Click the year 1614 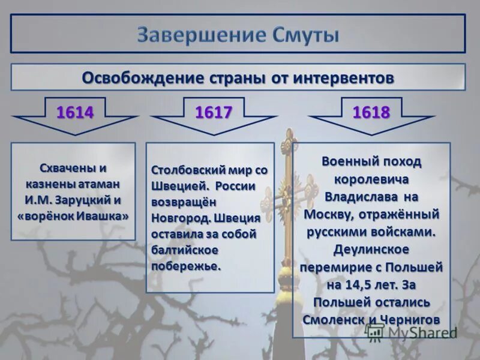point(75,112)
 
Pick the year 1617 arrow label point(214,112)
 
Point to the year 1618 point(371,112)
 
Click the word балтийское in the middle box point(184,249)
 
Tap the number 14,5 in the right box point(356,284)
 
